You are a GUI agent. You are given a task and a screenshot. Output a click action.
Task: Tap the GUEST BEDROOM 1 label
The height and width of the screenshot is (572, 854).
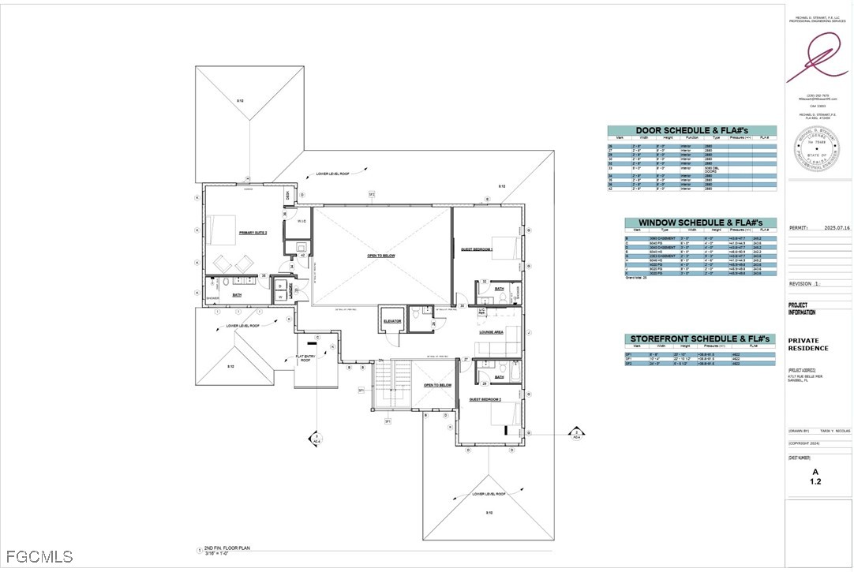click(x=477, y=249)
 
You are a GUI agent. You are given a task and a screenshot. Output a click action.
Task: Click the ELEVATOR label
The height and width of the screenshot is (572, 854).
click(x=392, y=321)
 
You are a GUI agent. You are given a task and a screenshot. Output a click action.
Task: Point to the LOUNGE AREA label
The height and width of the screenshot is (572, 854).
click(x=491, y=332)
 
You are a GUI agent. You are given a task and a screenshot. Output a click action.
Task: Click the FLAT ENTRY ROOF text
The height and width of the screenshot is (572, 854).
click(x=306, y=361)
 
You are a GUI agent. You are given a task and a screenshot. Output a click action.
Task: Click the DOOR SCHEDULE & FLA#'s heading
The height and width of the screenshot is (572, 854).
click(x=691, y=131)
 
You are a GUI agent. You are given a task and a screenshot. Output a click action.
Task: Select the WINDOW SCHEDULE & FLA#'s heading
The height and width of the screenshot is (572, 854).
click(x=700, y=223)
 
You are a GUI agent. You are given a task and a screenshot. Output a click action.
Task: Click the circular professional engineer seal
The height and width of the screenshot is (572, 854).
click(x=811, y=148)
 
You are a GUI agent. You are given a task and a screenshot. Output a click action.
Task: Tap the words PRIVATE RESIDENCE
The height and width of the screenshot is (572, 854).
click(x=808, y=345)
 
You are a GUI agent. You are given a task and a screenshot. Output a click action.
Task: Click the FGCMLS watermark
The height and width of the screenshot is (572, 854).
click(x=37, y=557)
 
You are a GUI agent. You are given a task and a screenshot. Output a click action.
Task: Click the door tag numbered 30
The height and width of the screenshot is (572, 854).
click(x=462, y=305)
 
